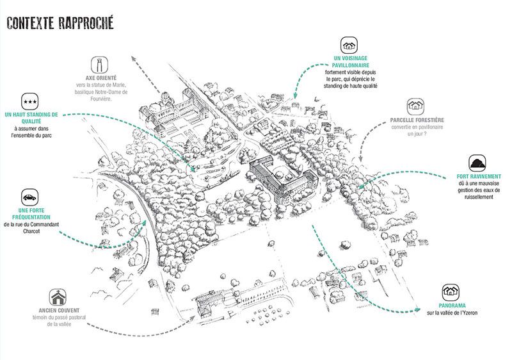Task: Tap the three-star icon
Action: click(30, 101)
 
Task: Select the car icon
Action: click(30, 195)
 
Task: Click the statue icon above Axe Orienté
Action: click(99, 64)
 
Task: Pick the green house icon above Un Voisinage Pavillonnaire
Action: click(348, 45)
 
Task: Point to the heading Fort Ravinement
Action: click(479, 176)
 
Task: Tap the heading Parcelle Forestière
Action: click(417, 120)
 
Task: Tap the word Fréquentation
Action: click(30, 218)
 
